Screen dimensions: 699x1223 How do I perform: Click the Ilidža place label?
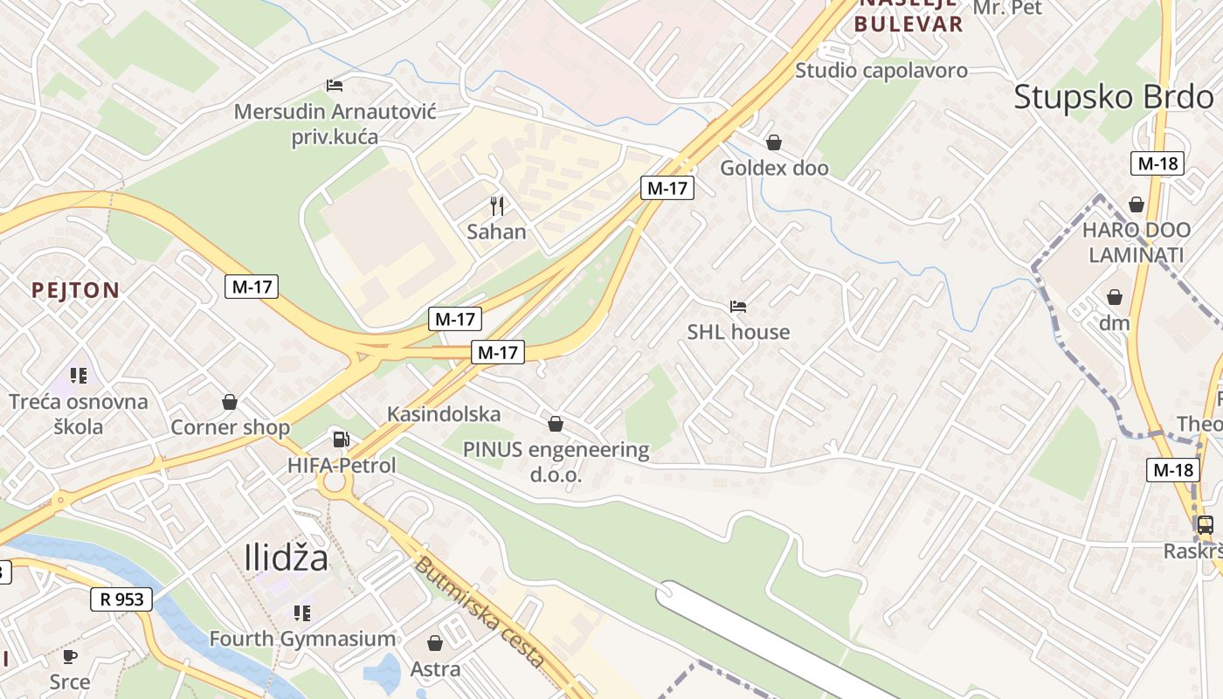point(287,557)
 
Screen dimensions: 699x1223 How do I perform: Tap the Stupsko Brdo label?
point(1114,97)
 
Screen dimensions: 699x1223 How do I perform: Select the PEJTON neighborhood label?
point(75,290)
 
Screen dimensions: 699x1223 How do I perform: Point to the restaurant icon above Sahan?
point(497,206)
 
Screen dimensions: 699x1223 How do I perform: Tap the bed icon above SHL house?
point(738,307)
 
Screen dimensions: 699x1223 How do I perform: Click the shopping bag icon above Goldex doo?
point(774,142)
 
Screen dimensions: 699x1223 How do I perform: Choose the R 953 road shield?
point(121,599)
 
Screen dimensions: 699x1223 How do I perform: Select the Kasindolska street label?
point(444,413)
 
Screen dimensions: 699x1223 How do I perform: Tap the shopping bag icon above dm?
point(1115,297)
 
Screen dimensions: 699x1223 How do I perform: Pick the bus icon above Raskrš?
point(1205,525)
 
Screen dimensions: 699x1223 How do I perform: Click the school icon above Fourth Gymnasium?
point(302,613)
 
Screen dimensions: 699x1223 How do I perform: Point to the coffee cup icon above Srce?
point(70,656)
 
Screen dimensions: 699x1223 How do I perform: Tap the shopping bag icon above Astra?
point(435,644)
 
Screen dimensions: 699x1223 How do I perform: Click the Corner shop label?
point(230,427)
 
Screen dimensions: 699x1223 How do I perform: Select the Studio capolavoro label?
point(881,71)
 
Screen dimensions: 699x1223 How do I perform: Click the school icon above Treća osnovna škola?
point(79,377)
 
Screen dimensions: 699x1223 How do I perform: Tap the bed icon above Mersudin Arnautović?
point(335,86)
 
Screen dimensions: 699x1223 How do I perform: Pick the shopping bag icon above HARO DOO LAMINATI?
point(1137,204)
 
